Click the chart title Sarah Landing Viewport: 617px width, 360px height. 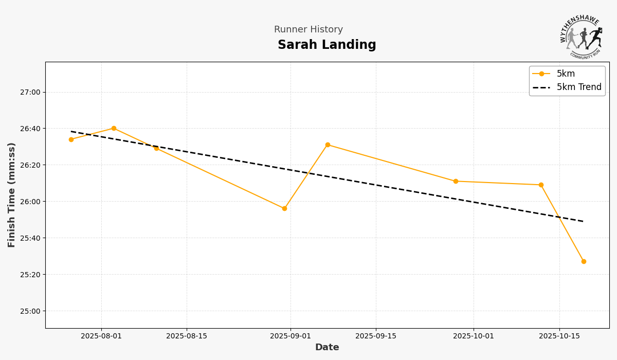pos(326,45)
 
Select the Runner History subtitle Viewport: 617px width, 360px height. pos(308,30)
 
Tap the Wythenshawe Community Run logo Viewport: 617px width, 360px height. pos(581,37)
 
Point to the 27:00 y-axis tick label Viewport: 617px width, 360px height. pos(30,93)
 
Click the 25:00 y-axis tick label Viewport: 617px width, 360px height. pos(30,311)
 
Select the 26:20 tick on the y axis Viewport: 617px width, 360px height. pos(30,165)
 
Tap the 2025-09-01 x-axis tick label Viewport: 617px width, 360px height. pos(291,336)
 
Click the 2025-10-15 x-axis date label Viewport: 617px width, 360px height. pos(559,336)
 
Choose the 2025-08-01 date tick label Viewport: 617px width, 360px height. pos(101,336)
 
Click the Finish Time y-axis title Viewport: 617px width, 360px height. pos(12,195)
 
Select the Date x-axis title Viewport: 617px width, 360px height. pos(327,348)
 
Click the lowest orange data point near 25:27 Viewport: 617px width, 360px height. pos(584,261)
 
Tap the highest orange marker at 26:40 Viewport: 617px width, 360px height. pos(114,129)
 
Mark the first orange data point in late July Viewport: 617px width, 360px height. pos(71,139)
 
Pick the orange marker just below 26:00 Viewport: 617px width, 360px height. pos(284,208)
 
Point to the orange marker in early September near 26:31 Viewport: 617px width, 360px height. pos(328,145)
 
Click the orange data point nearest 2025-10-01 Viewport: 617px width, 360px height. pos(456,181)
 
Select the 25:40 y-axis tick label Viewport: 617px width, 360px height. pos(30,238)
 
